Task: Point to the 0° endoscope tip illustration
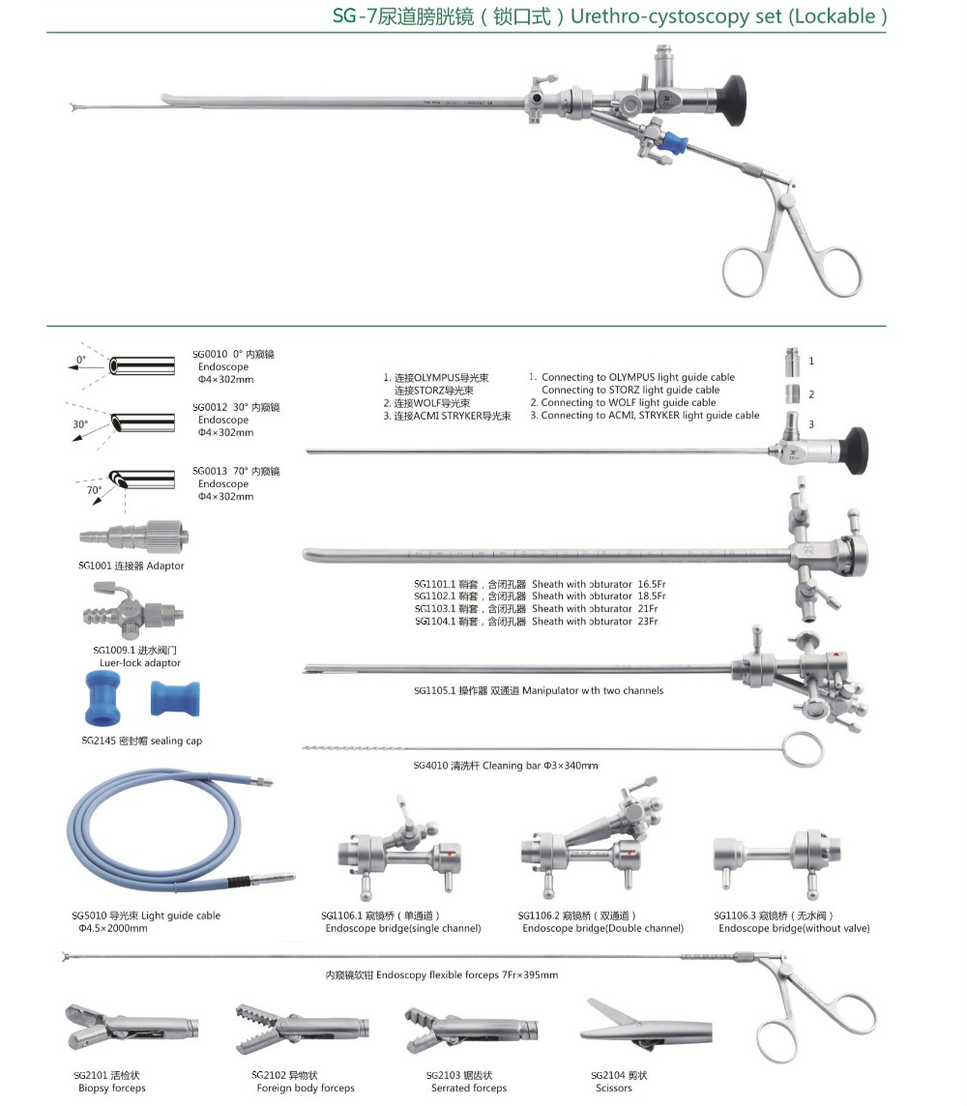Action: [x=142, y=366]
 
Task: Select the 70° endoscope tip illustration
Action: [x=142, y=480]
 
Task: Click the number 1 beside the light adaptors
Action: [x=811, y=362]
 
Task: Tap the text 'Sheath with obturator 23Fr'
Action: [x=595, y=622]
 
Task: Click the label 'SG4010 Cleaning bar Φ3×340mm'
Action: [x=506, y=766]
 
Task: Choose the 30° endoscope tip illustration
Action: [x=142, y=422]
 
